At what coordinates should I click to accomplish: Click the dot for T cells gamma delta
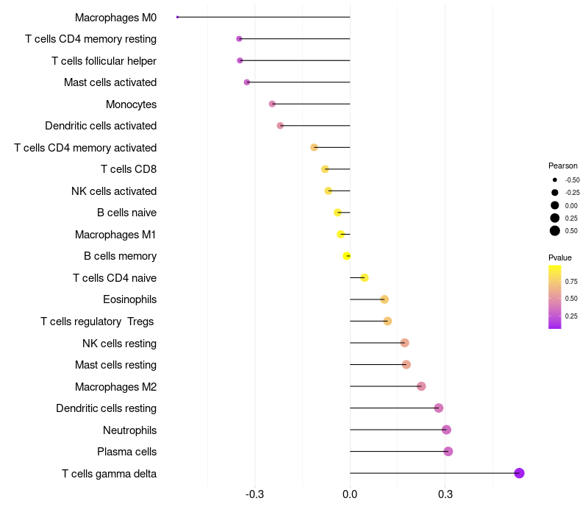click(x=519, y=473)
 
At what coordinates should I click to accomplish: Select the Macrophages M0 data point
click(x=178, y=17)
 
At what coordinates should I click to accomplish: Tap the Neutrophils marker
click(x=446, y=430)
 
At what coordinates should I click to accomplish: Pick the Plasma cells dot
click(x=448, y=452)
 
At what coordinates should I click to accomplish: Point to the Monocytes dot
click(x=272, y=104)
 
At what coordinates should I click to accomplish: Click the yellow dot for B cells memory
click(x=347, y=256)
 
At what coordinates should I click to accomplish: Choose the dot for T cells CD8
click(x=325, y=169)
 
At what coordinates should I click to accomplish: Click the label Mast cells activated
click(x=110, y=82)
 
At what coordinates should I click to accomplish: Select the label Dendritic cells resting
click(x=107, y=408)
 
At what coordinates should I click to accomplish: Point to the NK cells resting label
click(x=119, y=343)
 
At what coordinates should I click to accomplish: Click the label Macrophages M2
click(x=115, y=386)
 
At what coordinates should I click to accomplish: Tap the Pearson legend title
click(x=563, y=166)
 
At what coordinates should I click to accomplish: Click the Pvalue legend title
click(x=560, y=257)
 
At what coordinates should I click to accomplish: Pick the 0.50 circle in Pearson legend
click(x=555, y=231)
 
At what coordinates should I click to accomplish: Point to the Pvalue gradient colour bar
click(x=555, y=296)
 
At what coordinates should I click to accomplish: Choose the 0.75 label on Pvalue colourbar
click(x=571, y=281)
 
